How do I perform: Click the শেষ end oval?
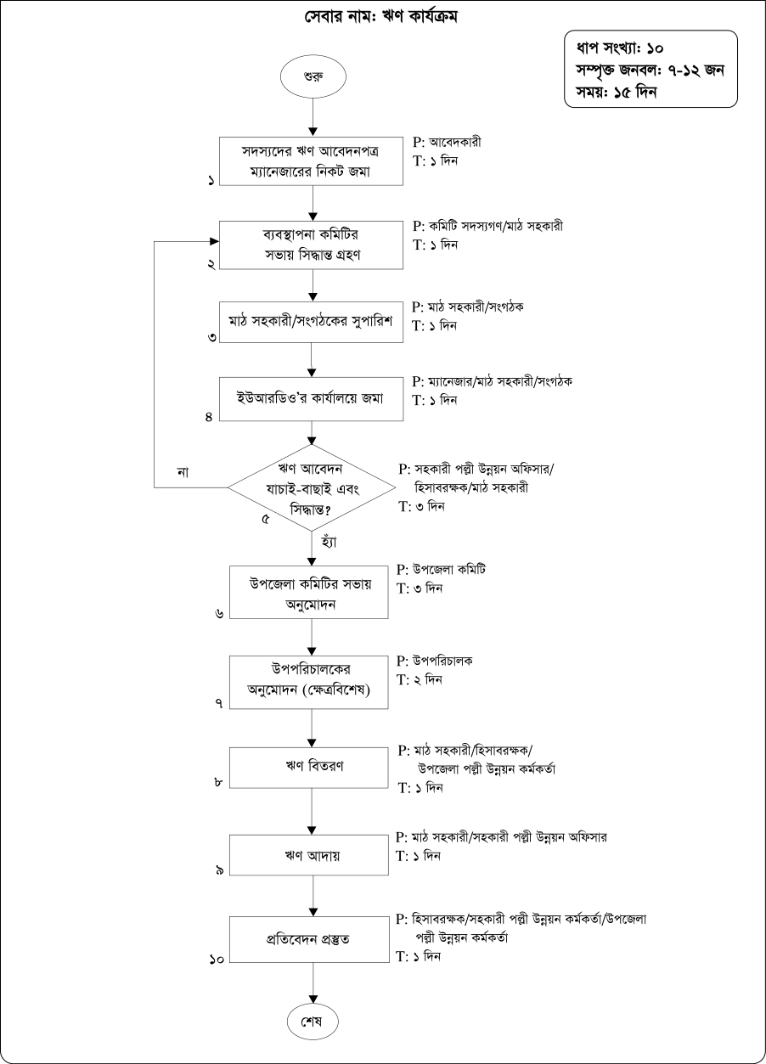[x=314, y=1020]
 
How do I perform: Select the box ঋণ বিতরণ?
[x=314, y=767]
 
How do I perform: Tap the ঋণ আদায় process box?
[x=314, y=855]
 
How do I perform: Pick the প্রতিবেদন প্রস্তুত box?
[x=314, y=939]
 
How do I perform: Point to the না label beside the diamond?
[x=183, y=472]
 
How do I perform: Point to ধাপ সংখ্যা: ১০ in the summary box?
[x=626, y=48]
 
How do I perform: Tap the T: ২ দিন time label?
[x=420, y=679]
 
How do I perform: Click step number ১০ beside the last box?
[x=217, y=959]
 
